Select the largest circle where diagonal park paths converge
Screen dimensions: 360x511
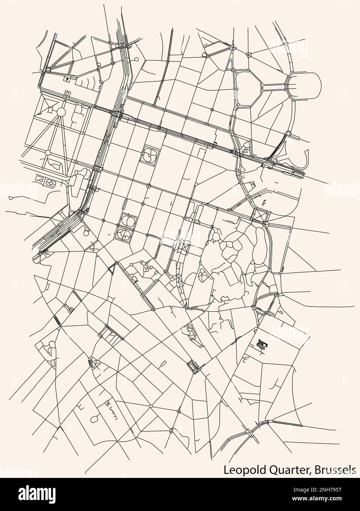pos(61,112)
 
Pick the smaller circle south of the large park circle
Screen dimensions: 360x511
pos(48,151)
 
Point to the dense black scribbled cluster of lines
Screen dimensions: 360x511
pos(262,344)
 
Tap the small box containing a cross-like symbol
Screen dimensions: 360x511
pos(67,78)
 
